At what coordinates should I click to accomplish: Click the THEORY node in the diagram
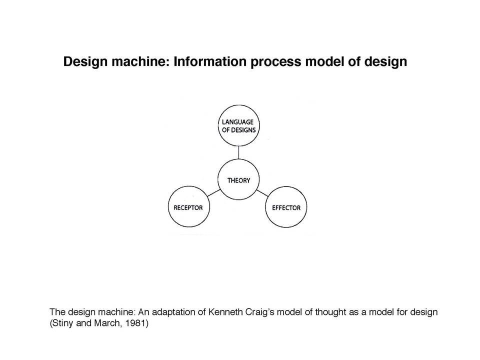(x=238, y=179)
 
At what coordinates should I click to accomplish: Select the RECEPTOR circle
(x=189, y=206)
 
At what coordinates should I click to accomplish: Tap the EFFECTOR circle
(x=286, y=207)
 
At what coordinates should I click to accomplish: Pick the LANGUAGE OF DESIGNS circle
(x=239, y=125)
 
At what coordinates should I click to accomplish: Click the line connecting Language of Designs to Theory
(x=238, y=153)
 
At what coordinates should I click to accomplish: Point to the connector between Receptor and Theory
(x=213, y=193)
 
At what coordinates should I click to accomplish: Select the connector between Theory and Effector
(x=262, y=193)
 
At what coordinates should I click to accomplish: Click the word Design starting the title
(x=85, y=62)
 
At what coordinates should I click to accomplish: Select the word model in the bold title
(x=324, y=61)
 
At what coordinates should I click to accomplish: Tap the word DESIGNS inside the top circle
(x=243, y=130)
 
